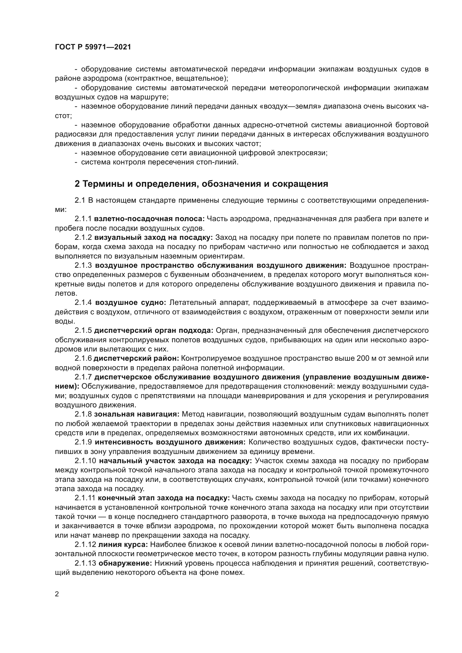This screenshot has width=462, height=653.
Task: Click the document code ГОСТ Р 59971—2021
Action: pos(93,47)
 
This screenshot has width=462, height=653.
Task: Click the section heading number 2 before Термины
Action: pos(77,184)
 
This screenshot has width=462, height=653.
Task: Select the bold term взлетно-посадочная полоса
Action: pos(149,219)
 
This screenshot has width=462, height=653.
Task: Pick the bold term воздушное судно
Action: pos(130,302)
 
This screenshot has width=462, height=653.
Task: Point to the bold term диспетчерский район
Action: pos(136,358)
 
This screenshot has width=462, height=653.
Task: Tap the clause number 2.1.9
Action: pos(83,442)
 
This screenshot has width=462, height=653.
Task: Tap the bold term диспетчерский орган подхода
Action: pos(154,331)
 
